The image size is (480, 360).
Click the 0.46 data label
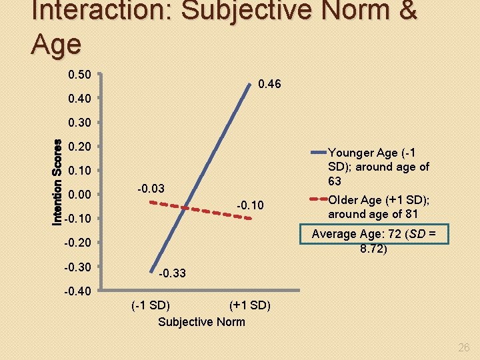[x=269, y=85]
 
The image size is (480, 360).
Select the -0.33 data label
[x=173, y=273]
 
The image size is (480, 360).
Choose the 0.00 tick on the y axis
[x=80, y=195]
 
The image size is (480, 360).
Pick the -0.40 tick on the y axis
[x=79, y=291]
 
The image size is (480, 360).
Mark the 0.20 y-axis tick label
[x=80, y=146]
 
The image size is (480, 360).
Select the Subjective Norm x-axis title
[x=201, y=322]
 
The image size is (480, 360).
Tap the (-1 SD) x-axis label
[x=150, y=306]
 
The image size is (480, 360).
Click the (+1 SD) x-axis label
[x=249, y=306]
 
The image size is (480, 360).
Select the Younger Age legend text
[x=379, y=166]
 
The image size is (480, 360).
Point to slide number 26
[x=464, y=347]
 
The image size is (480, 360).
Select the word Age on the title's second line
[x=56, y=44]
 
